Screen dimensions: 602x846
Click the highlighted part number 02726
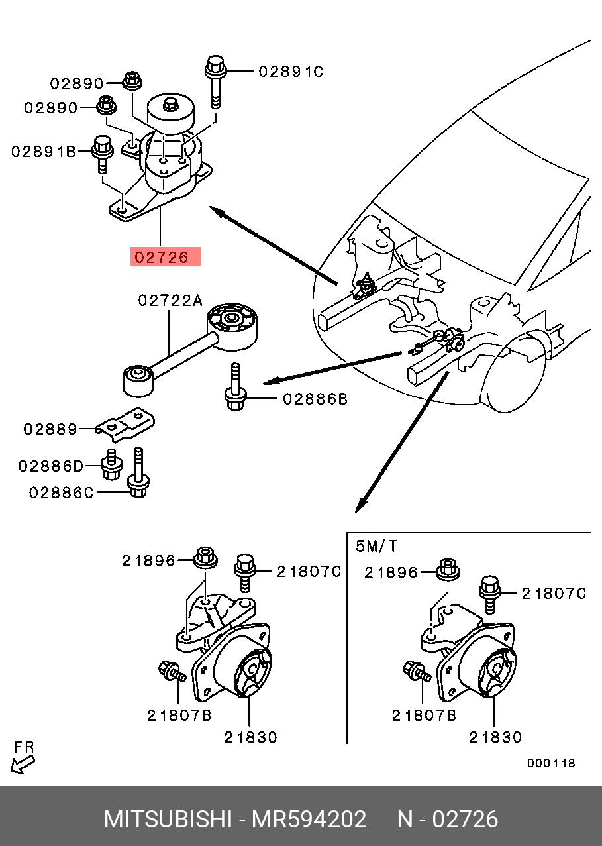(x=162, y=257)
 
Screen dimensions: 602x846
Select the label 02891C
(x=291, y=72)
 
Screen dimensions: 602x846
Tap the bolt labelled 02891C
(x=216, y=82)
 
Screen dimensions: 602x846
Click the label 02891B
(x=44, y=152)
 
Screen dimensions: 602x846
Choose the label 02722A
(x=170, y=301)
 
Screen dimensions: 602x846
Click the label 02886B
(x=315, y=399)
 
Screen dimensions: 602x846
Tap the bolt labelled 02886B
(x=235, y=387)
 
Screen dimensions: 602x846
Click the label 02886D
(x=50, y=466)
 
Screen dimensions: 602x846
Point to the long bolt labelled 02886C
(x=138, y=472)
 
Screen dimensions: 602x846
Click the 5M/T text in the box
(x=377, y=546)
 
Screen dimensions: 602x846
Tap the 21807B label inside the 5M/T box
(x=424, y=715)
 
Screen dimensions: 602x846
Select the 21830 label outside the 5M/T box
(x=251, y=737)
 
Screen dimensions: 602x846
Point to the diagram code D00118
(x=551, y=763)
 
